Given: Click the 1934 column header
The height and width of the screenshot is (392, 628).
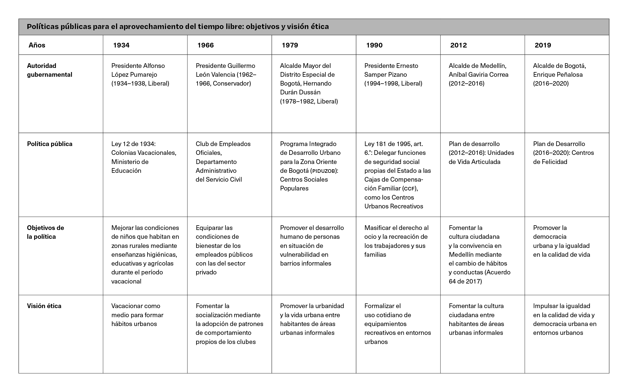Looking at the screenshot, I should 121,45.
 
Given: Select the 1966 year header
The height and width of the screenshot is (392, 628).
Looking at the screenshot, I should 206,45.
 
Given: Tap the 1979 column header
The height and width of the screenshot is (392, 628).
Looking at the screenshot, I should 290,45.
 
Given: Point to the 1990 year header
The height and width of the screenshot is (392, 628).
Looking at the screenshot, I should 374,45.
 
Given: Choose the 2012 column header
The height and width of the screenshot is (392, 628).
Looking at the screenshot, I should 459,45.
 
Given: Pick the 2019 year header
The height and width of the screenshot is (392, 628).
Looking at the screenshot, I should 543,45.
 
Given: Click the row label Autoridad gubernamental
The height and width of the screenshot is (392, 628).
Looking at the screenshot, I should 49,70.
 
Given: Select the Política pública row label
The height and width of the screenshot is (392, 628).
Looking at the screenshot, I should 50,144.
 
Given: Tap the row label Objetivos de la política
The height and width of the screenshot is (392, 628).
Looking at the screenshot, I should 45,232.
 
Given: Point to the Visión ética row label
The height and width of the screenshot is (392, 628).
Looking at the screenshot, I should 44,306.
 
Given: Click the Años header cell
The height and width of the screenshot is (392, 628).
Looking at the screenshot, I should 37,45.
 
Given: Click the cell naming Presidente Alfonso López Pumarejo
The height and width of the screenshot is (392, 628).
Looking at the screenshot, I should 140,75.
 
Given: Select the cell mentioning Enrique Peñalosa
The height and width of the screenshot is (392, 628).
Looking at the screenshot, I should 559,75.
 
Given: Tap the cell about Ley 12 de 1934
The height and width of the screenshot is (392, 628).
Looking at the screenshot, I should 144,157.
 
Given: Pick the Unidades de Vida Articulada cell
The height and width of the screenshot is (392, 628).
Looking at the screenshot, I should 481,153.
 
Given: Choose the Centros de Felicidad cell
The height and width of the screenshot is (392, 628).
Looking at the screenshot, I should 563,153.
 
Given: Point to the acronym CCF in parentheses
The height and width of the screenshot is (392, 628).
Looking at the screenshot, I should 410,189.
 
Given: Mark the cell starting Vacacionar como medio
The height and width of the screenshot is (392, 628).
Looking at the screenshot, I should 137,315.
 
